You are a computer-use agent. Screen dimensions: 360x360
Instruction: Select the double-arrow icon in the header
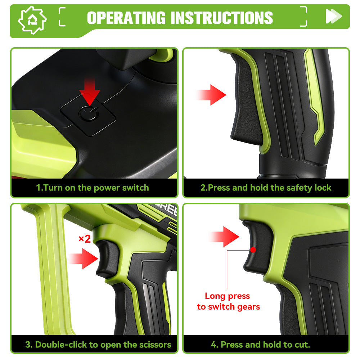pyautogui.click(x=333, y=16)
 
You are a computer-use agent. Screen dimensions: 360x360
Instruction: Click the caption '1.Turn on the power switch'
pyautogui.click(x=93, y=188)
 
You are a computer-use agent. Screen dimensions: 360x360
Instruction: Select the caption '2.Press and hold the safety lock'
pyautogui.click(x=266, y=188)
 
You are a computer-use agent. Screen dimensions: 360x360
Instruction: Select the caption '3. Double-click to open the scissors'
pyautogui.click(x=98, y=345)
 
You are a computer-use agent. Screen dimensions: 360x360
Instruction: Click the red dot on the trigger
pyautogui.click(x=253, y=249)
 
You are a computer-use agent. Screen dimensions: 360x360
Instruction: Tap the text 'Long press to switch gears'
pyautogui.click(x=228, y=301)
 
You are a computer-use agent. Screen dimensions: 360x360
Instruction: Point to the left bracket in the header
pyautogui.click(x=62, y=17)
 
